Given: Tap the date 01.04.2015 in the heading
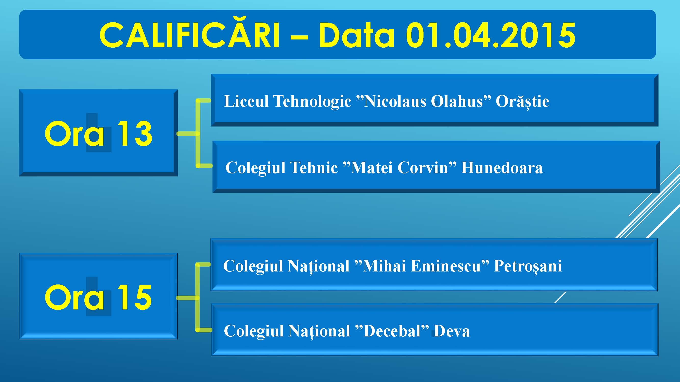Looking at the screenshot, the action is click(x=491, y=35).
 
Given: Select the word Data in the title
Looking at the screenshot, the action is click(x=356, y=35).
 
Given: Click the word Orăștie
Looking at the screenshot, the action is click(x=522, y=102).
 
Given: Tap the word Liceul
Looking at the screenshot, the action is click(x=246, y=101).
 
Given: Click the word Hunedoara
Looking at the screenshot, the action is click(x=502, y=168).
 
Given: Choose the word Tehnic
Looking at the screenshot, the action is click(x=314, y=168).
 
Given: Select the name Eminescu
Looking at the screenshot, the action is click(x=446, y=266).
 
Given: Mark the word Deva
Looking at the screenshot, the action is click(x=452, y=331).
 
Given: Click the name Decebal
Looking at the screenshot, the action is click(x=392, y=331).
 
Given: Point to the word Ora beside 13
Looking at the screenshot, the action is click(x=74, y=133).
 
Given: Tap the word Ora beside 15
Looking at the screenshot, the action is click(x=74, y=297).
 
